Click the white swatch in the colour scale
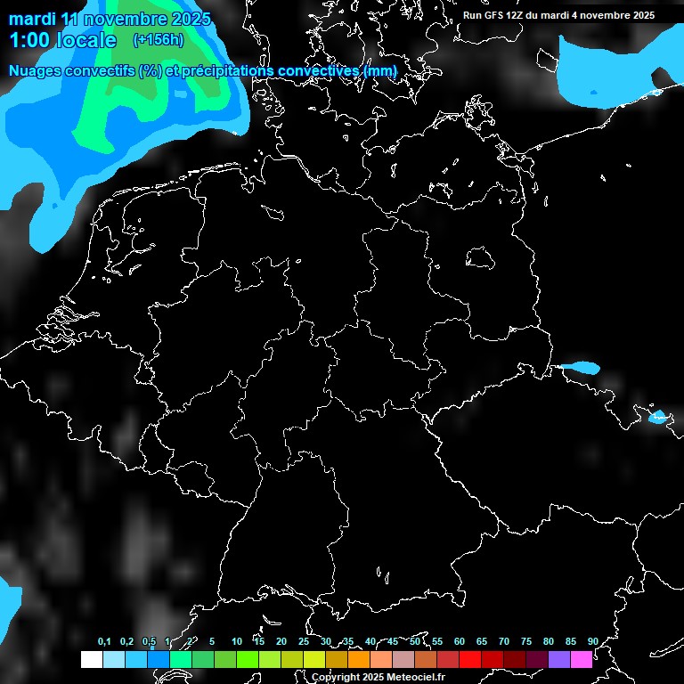pyautogui.click(x=91, y=659)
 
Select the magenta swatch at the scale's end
pyautogui.click(x=581, y=659)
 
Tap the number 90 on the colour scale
pyautogui.click(x=592, y=641)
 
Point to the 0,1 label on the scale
pyautogui.click(x=104, y=641)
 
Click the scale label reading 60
pyautogui.click(x=459, y=641)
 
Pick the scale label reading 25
pyautogui.click(x=303, y=641)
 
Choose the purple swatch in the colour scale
pyautogui.click(x=558, y=659)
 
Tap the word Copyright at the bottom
pyautogui.click(x=336, y=678)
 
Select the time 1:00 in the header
pyautogui.click(x=28, y=40)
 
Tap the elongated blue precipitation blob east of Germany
pyautogui.click(x=578, y=366)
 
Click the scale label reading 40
pyautogui.click(x=370, y=641)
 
